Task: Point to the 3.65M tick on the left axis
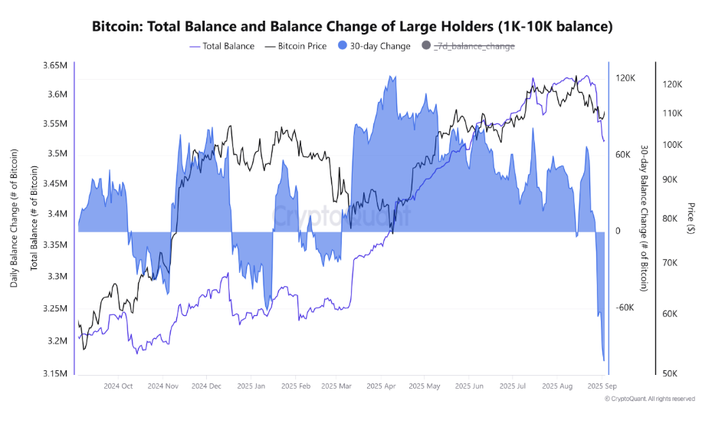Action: [55, 65]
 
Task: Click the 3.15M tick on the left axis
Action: [55, 373]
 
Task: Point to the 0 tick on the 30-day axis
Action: [618, 231]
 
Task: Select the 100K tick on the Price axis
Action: [672, 145]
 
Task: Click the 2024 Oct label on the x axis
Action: [118, 386]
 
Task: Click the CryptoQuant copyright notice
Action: [650, 399]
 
